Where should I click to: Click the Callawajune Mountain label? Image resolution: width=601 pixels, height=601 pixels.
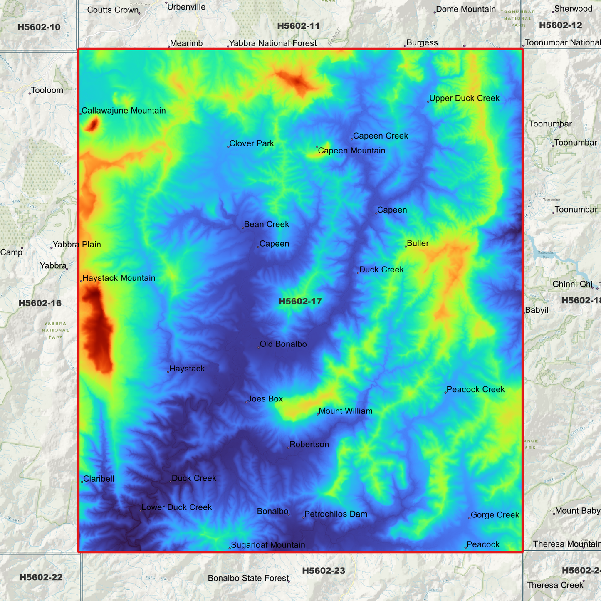pos(124,111)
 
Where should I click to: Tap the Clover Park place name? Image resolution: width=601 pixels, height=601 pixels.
pos(252,143)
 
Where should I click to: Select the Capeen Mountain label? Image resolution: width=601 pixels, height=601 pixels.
pos(351,151)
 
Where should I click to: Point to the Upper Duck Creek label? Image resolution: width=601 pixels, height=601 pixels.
pos(464,98)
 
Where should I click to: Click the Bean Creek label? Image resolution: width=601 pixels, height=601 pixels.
pos(266,224)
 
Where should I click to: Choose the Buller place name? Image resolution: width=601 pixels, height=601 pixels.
pos(418,243)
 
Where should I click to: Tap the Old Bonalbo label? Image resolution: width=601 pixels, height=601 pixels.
pos(283,344)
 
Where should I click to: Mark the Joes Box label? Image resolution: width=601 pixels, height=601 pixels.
pos(265,399)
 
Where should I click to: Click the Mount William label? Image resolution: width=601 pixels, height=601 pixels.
pos(345,411)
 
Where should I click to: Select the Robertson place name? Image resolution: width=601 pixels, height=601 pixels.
pos(309,444)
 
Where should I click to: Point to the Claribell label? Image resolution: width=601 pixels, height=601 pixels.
pos(99,479)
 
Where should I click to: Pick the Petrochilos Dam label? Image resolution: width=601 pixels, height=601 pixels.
pos(336,514)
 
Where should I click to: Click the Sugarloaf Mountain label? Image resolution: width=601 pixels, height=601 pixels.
pos(268,545)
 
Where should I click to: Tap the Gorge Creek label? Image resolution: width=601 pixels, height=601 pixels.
pos(495,515)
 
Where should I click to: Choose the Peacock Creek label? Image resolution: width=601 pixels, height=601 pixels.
pos(475,389)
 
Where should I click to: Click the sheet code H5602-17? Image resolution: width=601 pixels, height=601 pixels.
pos(300,301)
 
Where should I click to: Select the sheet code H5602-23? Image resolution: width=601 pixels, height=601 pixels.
pos(324,571)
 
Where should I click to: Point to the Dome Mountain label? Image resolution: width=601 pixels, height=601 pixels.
pos(466,9)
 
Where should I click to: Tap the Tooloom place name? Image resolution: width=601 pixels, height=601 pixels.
pos(47,90)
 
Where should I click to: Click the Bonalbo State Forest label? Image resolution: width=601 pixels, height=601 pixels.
pos(248,578)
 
